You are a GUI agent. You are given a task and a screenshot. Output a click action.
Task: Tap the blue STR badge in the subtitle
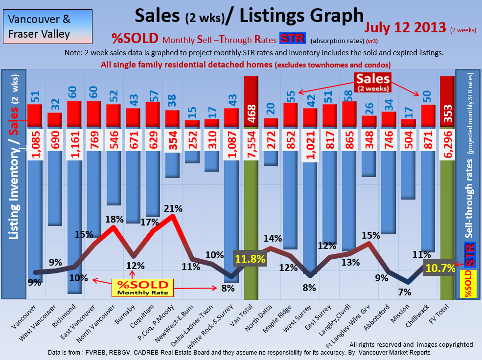tap(292, 39)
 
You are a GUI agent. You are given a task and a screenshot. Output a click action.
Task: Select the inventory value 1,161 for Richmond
tap(74, 145)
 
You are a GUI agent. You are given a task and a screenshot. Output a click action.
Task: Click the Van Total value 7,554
tap(251, 145)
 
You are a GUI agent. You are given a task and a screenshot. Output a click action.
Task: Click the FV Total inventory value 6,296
tap(447, 145)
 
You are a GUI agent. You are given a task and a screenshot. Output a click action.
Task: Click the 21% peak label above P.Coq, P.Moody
tap(173, 208)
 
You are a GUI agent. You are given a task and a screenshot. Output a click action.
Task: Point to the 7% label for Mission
tap(405, 292)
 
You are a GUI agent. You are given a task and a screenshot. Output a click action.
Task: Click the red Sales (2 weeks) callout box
tap(373, 81)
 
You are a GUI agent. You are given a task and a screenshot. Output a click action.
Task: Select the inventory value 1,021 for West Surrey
tap(310, 145)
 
